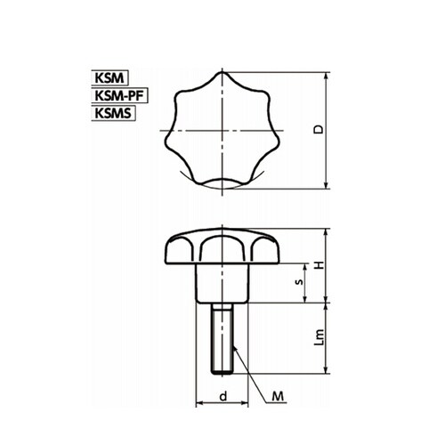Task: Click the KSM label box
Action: [x=109, y=78]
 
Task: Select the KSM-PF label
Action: [x=119, y=95]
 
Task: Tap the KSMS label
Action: [x=113, y=113]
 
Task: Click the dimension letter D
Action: [x=319, y=130]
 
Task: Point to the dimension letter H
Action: [x=320, y=265]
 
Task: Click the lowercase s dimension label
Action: [x=299, y=281]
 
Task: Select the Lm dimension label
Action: [x=319, y=337]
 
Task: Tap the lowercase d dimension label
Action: [x=223, y=396]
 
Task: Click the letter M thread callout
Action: [x=278, y=396]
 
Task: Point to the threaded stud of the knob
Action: [x=222, y=338]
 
